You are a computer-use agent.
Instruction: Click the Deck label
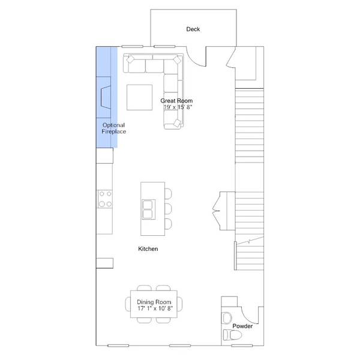point(193,29)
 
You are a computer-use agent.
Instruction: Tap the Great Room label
point(175,101)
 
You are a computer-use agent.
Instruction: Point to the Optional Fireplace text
point(114,128)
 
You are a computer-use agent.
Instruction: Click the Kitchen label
point(148,248)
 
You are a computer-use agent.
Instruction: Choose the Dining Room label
point(154,302)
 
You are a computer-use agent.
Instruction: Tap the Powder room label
point(242,326)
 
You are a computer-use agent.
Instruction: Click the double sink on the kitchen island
point(148,209)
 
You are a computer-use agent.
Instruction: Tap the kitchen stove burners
point(106,199)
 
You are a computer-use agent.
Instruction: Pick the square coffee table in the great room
point(139,97)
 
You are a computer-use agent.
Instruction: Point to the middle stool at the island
point(167,209)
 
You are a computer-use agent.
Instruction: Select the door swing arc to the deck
point(195,57)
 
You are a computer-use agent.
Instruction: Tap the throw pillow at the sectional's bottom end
point(176,123)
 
